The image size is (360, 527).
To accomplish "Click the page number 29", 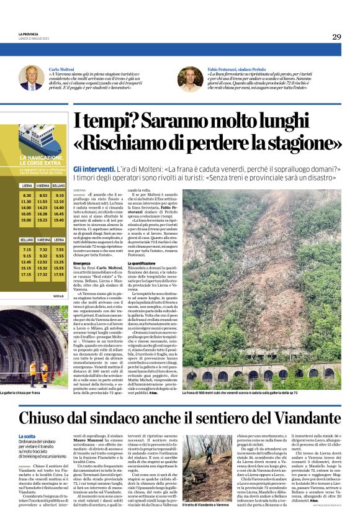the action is (336, 37).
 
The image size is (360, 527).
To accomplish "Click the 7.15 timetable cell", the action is (26, 249).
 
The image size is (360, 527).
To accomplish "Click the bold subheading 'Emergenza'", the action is (82, 264).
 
